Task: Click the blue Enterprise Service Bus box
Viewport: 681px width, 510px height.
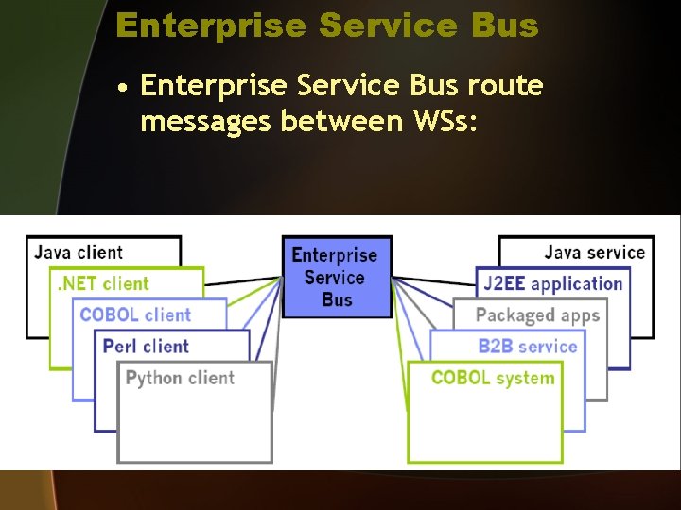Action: (x=336, y=276)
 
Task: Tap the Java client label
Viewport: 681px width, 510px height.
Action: (x=79, y=252)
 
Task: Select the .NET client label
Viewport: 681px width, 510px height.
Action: (x=104, y=283)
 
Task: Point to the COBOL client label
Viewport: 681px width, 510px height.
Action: (x=135, y=314)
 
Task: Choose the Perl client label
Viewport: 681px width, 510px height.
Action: (x=146, y=346)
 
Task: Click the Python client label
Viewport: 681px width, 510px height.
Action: (x=180, y=378)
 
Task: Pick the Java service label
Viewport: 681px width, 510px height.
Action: (x=594, y=252)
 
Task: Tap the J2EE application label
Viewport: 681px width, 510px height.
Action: (x=552, y=283)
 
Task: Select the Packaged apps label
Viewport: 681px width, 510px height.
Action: (x=537, y=315)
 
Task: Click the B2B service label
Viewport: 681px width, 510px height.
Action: (x=527, y=346)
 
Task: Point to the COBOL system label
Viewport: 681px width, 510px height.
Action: (x=492, y=378)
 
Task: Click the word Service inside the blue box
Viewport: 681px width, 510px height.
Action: (x=335, y=278)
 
